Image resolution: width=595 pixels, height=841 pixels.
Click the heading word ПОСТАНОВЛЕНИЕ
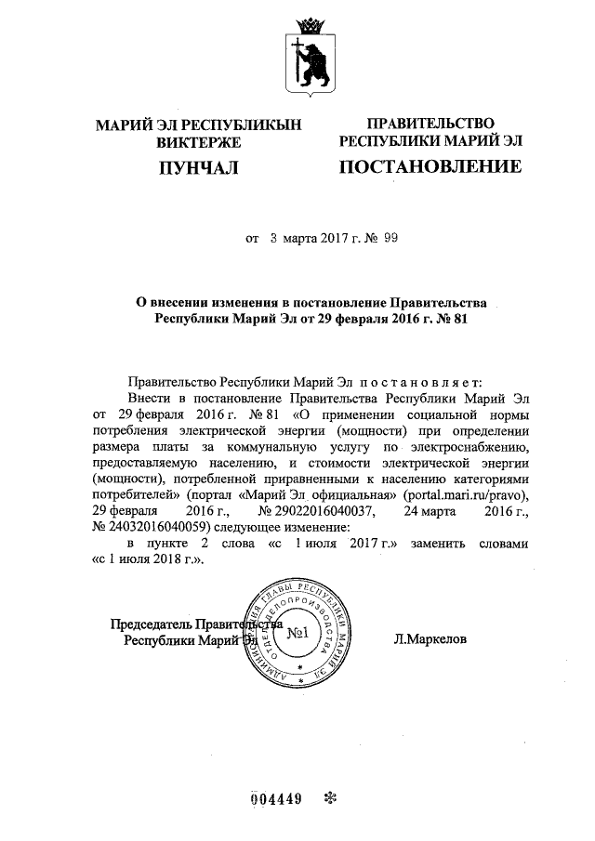coord(430,167)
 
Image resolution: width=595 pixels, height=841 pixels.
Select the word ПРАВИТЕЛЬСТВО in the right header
coord(430,124)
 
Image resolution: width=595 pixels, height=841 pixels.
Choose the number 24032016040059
coord(146,527)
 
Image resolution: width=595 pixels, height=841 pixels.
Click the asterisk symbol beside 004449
coord(329,798)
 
